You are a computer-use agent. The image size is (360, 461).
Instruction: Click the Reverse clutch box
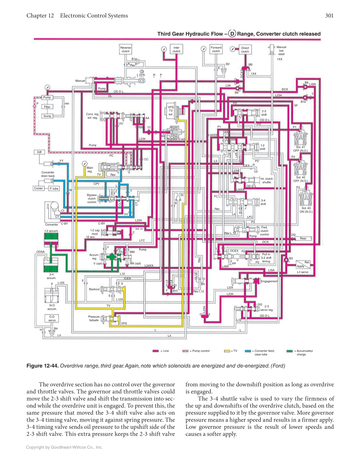click(126, 49)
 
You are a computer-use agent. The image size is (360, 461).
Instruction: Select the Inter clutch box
click(176, 49)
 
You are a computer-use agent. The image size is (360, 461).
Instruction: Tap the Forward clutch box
click(216, 49)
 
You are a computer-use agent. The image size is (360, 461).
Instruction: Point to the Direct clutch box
click(245, 50)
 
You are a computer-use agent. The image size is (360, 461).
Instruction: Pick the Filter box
click(47, 107)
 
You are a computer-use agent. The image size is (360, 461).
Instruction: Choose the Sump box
click(47, 116)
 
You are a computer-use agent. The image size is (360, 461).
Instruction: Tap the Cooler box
click(39, 188)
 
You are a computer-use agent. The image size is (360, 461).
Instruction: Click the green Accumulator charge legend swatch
click(290, 351)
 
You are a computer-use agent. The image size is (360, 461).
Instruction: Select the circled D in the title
click(232, 34)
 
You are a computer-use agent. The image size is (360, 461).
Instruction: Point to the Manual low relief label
click(281, 50)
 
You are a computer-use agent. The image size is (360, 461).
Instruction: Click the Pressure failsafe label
click(94, 319)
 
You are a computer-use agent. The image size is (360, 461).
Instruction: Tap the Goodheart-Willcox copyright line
click(64, 447)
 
